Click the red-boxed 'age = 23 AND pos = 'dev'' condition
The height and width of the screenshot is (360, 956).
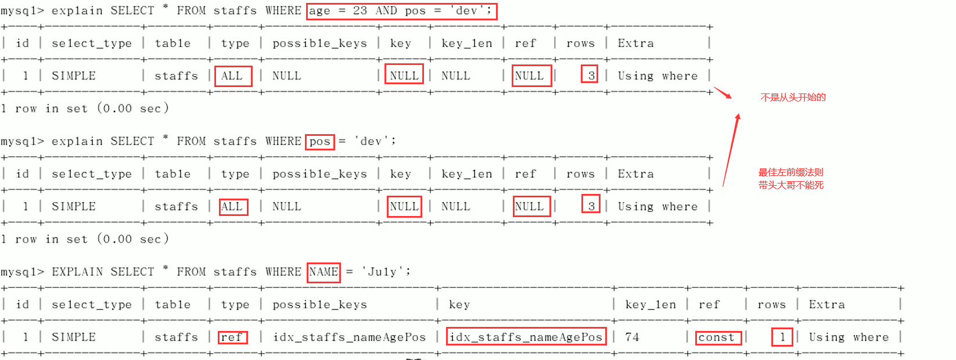[401, 11]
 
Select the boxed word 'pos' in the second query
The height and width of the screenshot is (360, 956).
[320, 142]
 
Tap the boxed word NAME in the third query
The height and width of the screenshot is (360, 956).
[324, 272]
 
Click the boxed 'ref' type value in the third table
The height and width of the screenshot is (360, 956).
[232, 337]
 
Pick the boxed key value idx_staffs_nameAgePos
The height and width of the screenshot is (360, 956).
[526, 337]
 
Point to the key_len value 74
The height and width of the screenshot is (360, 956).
[632, 337]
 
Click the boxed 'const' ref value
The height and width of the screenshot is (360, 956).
[718, 337]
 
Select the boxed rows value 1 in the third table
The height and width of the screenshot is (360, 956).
[782, 337]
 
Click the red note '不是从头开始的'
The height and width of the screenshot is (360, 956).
[793, 98]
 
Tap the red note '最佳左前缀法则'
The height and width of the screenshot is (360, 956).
[790, 172]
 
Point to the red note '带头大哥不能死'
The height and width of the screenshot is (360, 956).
[790, 185]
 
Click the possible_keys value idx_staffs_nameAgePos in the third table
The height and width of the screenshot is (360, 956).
[350, 337]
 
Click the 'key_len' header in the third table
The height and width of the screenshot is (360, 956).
[650, 305]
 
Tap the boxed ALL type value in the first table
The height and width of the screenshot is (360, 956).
[233, 76]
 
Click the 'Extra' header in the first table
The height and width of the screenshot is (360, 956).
[635, 44]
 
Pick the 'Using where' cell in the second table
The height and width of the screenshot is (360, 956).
[657, 207]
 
